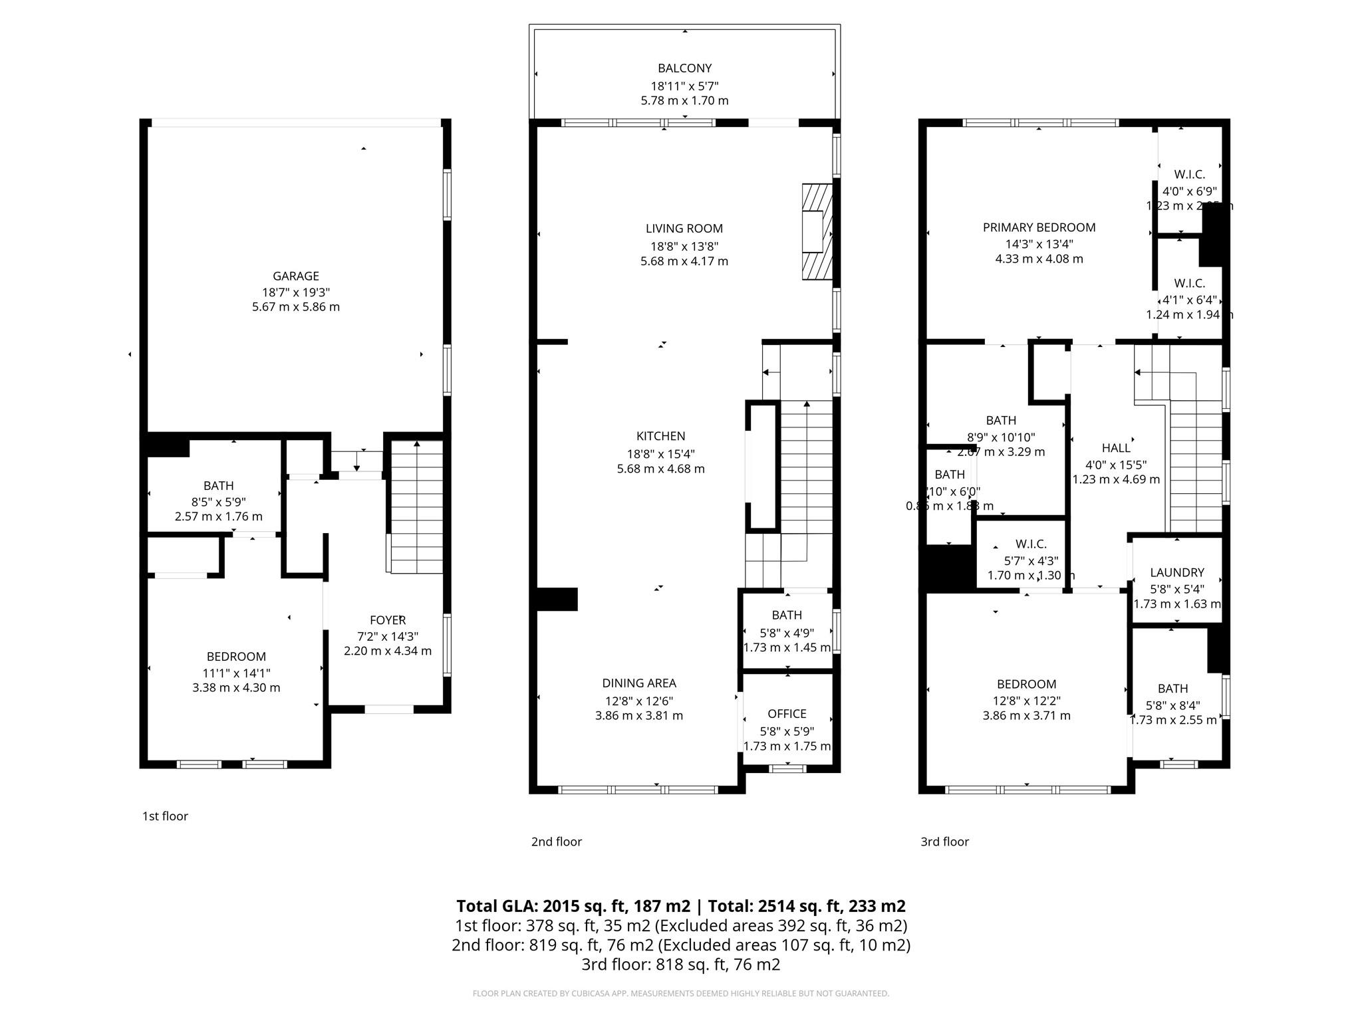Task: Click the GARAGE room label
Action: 295,276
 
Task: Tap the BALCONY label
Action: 684,68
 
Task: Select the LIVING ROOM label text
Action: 684,229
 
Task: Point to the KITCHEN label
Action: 660,436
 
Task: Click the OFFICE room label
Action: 787,714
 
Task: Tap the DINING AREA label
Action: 639,683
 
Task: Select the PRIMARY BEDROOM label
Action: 1039,227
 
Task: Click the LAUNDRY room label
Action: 1176,572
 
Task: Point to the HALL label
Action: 1115,448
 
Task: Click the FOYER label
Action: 387,620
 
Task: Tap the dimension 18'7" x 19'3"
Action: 295,292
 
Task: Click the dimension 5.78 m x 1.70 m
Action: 684,101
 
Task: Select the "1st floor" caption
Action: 165,816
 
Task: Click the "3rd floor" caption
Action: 944,842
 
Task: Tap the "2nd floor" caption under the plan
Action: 556,842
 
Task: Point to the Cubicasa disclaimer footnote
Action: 680,994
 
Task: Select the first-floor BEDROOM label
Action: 236,657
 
